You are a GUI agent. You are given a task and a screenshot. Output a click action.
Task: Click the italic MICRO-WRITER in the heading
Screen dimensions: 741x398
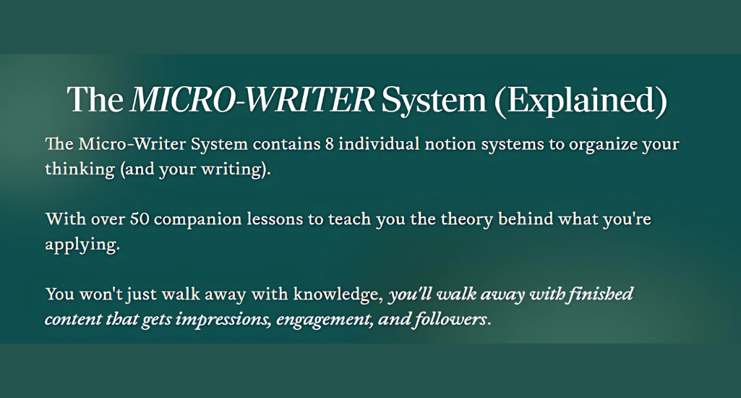pyautogui.click(x=252, y=99)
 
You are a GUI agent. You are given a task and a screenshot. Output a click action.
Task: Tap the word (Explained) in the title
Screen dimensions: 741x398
pyautogui.click(x=581, y=100)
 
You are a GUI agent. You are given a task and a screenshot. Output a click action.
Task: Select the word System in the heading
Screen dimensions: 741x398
pyautogui.click(x=434, y=100)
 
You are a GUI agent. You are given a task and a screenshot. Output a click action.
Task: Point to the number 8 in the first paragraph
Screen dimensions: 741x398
pyautogui.click(x=330, y=144)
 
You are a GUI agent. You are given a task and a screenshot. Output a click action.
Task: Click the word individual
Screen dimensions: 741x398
pyautogui.click(x=379, y=143)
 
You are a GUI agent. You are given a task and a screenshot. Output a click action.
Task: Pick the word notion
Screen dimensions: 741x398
pyautogui.click(x=450, y=144)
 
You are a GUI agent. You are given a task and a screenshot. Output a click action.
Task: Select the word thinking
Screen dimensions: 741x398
pyautogui.click(x=80, y=169)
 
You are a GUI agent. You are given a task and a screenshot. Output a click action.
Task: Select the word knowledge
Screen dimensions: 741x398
pyautogui.click(x=336, y=295)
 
